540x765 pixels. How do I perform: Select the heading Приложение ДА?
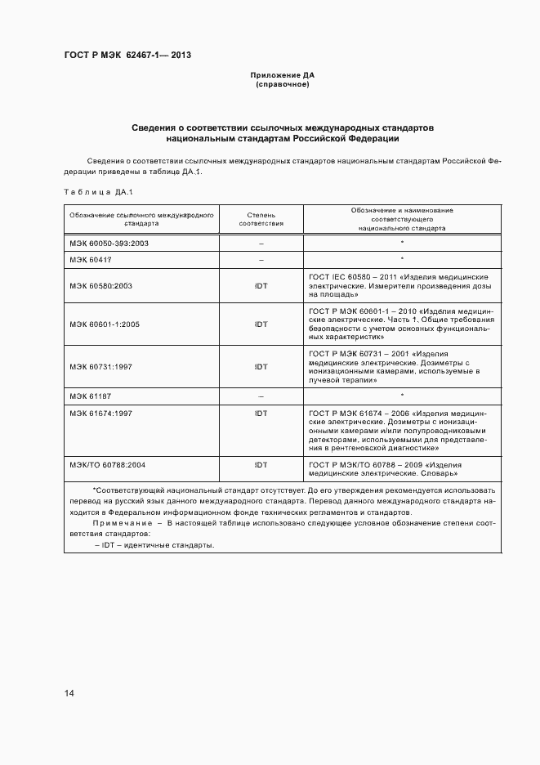tap(282, 75)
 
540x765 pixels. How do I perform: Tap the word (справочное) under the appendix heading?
tap(282, 85)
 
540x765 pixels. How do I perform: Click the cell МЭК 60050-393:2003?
tap(108, 244)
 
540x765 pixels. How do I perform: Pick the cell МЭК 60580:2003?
tap(100, 286)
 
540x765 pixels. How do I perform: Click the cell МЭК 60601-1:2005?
tap(104, 324)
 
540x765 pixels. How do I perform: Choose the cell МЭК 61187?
tap(90, 396)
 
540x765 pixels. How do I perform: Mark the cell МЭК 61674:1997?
tap(100, 414)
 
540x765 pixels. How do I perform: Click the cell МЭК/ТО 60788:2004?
tap(107, 464)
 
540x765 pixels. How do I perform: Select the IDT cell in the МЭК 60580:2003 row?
tap(261, 286)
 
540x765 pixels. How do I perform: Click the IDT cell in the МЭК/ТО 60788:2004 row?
tap(261, 464)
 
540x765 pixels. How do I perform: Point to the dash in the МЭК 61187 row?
tap(261, 396)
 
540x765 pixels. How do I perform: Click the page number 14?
tap(69, 694)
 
